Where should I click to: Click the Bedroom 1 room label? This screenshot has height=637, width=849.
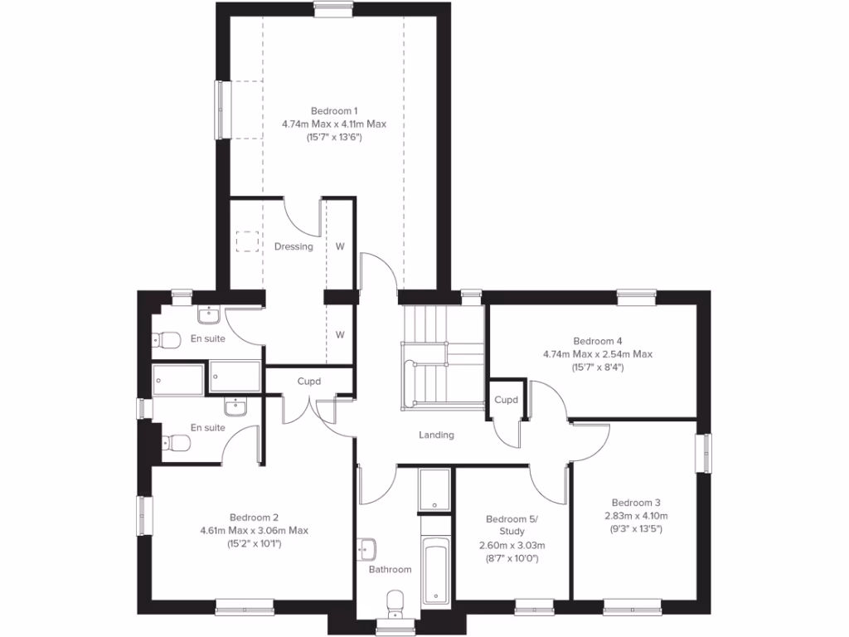pyautogui.click(x=334, y=111)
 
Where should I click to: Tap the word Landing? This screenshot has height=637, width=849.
pyautogui.click(x=436, y=435)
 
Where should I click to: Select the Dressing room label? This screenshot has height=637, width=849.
pyautogui.click(x=294, y=246)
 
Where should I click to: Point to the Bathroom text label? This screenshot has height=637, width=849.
pyautogui.click(x=390, y=569)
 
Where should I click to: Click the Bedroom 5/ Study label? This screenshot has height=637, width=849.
pyautogui.click(x=512, y=525)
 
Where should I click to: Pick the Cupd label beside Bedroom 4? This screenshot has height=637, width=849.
pyautogui.click(x=506, y=400)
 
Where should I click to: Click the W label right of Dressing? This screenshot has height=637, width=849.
pyautogui.click(x=340, y=246)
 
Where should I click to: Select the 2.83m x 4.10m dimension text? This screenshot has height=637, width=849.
pyautogui.click(x=636, y=515)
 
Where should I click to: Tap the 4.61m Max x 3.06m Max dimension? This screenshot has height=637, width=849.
pyautogui.click(x=254, y=531)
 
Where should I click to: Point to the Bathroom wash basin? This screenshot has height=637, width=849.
pyautogui.click(x=367, y=548)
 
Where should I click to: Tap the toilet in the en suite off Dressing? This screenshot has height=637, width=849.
pyautogui.click(x=168, y=340)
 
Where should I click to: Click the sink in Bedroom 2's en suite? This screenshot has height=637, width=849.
pyautogui.click(x=235, y=406)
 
